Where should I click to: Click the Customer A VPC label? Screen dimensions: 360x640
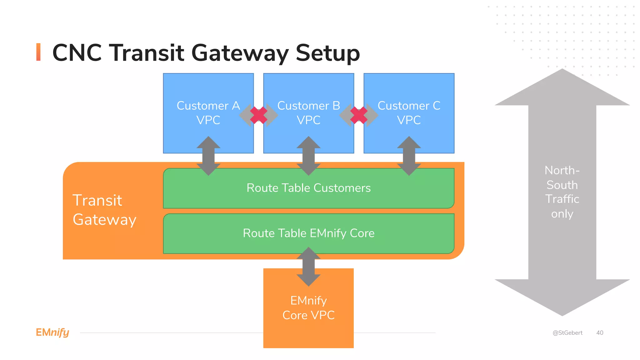click(x=208, y=113)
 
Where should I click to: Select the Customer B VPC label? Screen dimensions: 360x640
click(x=308, y=113)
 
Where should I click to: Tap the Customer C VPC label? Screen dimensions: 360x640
click(x=409, y=113)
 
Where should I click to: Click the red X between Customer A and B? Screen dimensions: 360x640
click(x=259, y=115)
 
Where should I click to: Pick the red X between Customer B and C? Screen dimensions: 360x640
click(x=359, y=115)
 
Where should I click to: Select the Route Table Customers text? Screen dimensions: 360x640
click(x=308, y=188)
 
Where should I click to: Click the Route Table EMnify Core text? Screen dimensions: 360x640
click(x=308, y=233)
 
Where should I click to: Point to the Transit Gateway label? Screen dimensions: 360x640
click(x=104, y=210)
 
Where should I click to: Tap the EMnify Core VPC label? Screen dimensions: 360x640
click(x=308, y=308)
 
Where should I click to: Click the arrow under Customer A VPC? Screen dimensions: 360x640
click(x=208, y=156)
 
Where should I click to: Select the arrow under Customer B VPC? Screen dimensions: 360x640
click(x=308, y=156)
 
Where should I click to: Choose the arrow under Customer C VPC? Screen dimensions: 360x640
click(x=409, y=156)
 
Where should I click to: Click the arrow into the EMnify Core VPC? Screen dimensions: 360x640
click(x=308, y=267)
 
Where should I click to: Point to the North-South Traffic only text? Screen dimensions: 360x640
click(x=562, y=192)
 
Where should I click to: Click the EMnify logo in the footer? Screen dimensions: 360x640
click(x=52, y=332)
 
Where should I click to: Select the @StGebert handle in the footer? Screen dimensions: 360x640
click(x=567, y=333)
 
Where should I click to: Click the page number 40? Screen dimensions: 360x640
click(x=599, y=333)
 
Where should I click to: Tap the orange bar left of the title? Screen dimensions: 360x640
click(x=38, y=52)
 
